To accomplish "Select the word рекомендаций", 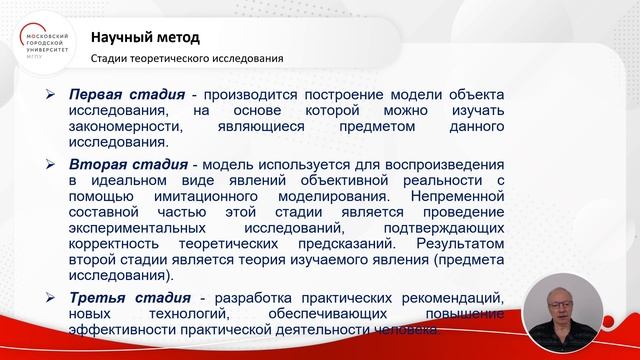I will click(444, 298).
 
